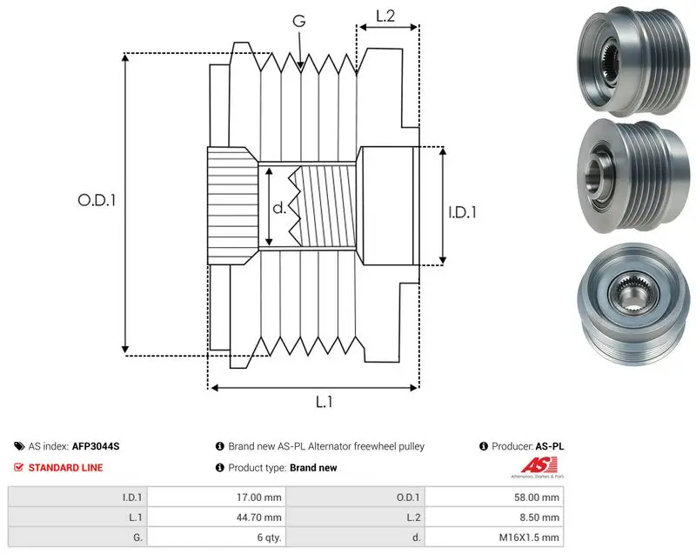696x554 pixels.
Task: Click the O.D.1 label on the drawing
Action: click(x=97, y=201)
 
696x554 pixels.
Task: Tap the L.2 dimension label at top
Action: click(x=385, y=16)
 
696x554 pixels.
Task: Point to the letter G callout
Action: click(x=299, y=21)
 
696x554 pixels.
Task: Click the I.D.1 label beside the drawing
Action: click(x=462, y=212)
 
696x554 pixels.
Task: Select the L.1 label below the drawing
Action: click(x=324, y=402)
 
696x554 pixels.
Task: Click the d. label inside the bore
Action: click(x=279, y=207)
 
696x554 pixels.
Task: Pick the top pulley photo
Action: click(x=633, y=61)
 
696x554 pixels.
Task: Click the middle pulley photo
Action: click(x=633, y=176)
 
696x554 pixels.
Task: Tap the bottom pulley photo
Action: click(x=634, y=304)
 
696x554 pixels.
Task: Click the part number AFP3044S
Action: click(x=96, y=446)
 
